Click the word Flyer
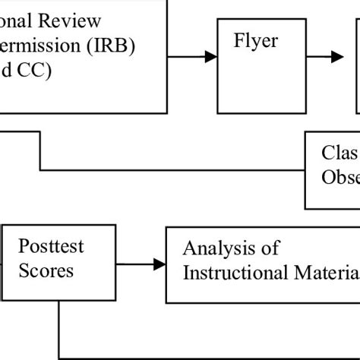(256, 41)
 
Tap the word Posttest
(51, 246)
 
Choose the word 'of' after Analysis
(269, 248)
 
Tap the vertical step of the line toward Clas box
(39, 150)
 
